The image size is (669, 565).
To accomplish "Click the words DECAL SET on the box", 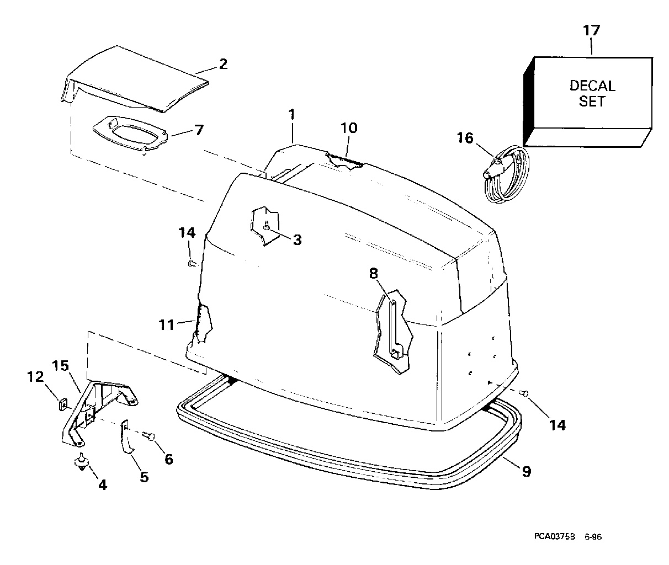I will (x=592, y=94).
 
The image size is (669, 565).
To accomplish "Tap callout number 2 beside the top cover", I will (x=222, y=64).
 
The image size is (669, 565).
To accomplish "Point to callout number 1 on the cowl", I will (x=291, y=115).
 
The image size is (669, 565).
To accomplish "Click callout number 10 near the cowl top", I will (x=349, y=128).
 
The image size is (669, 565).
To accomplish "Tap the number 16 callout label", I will (x=465, y=138).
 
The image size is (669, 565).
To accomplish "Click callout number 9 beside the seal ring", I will (x=526, y=472).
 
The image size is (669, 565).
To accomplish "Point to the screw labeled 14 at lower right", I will (x=525, y=392).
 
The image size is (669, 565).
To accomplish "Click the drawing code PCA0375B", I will (x=555, y=535).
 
